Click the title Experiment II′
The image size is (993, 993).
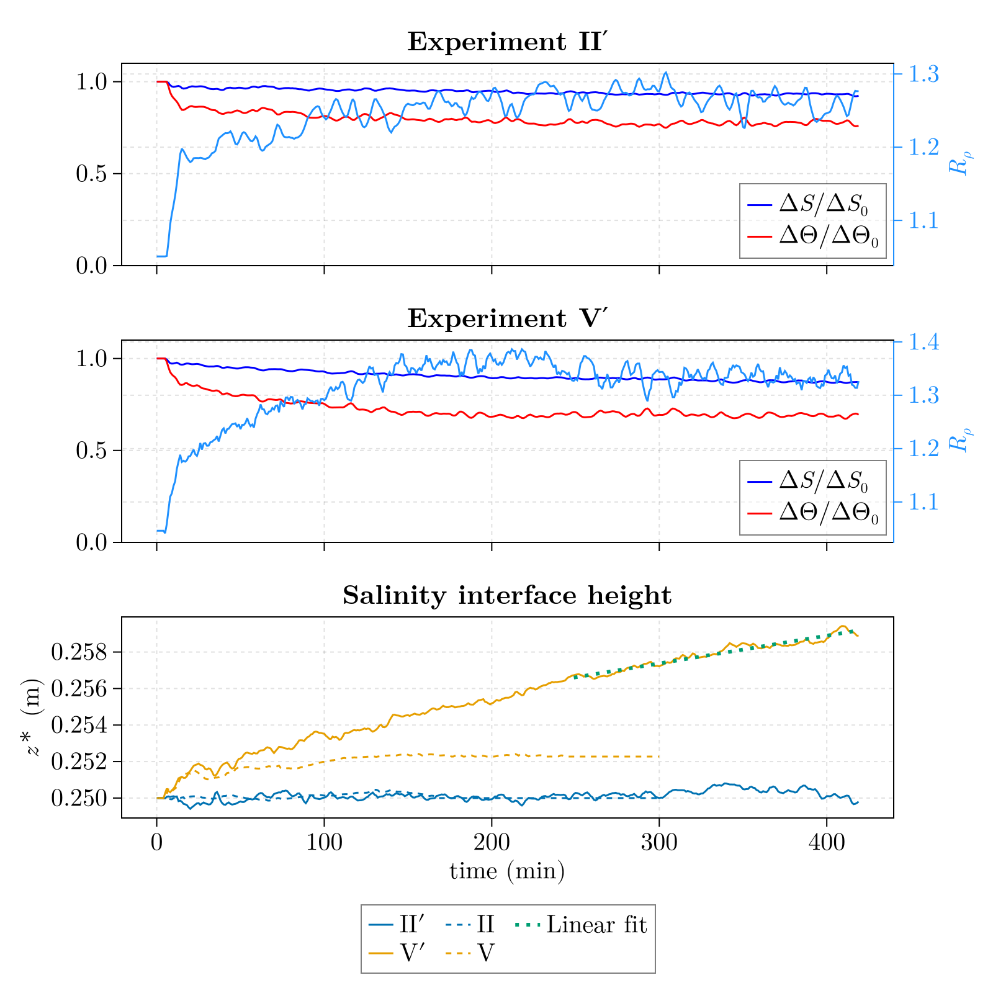click(507, 42)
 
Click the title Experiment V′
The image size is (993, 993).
click(507, 319)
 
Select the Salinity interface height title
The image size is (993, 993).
click(507, 596)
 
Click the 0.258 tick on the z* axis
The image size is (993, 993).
click(78, 653)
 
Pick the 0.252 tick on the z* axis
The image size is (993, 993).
click(78, 762)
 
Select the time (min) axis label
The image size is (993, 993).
click(507, 872)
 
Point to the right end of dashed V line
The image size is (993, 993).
click(658, 757)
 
